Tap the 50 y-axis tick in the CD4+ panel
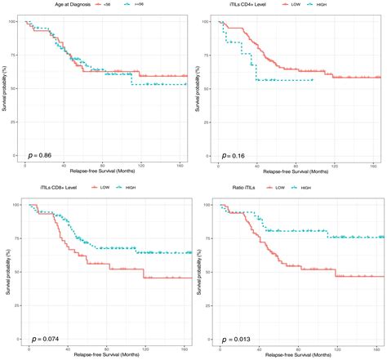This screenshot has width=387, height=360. coord(211,88)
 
